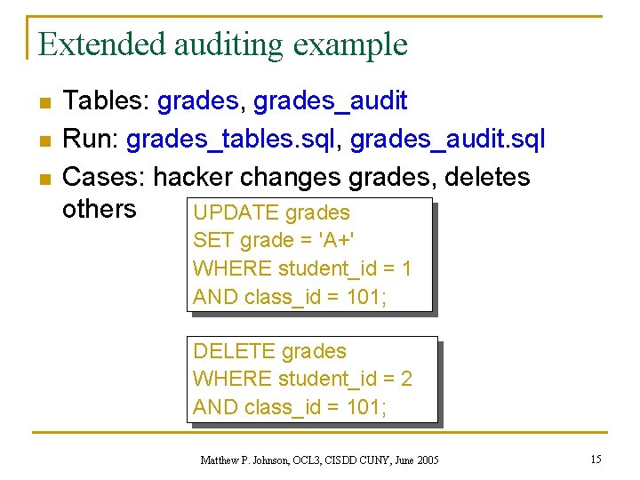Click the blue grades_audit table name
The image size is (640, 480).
click(x=331, y=101)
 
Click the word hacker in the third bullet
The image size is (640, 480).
click(x=190, y=177)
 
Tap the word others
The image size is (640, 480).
click(x=99, y=209)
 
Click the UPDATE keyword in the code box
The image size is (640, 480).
click(x=235, y=213)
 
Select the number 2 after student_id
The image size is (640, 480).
click(x=406, y=380)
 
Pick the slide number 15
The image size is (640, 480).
click(x=596, y=459)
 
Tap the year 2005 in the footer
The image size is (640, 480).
click(x=427, y=460)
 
